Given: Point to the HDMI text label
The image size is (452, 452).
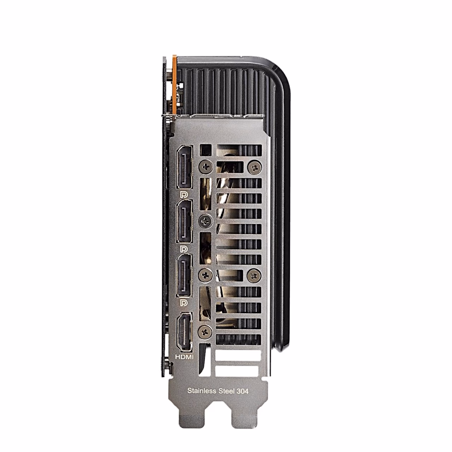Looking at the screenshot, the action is (x=185, y=364).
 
